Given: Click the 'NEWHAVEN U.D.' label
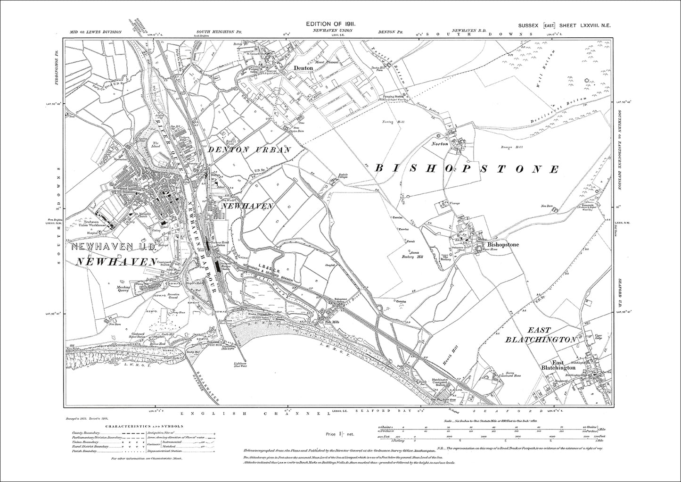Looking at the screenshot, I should coord(114,246).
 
